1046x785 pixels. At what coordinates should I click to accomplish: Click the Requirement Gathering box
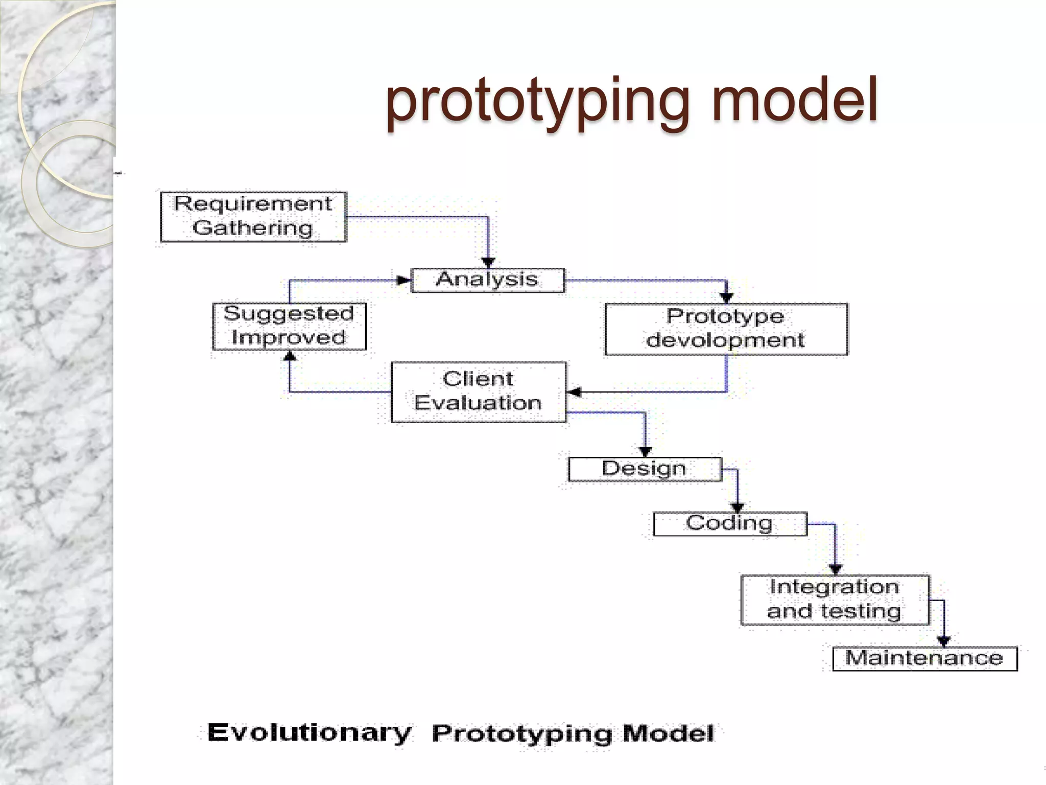coord(253,217)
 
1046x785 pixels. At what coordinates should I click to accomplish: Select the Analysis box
coord(488,280)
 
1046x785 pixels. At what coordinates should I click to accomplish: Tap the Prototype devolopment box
coord(726,329)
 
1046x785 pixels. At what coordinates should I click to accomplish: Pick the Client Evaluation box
coord(479,392)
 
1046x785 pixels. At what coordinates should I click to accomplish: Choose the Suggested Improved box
coord(289,326)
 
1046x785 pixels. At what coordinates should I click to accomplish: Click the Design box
coord(645,469)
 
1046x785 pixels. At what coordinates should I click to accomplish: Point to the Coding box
coord(730,524)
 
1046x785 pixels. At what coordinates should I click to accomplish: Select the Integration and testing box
coord(835,600)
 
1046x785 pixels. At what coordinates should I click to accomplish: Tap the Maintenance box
coord(924,658)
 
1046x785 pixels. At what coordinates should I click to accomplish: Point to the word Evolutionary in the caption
coord(309,733)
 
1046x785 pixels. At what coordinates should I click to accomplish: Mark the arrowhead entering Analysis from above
coord(488,263)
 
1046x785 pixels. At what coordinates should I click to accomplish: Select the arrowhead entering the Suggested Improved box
coord(290,355)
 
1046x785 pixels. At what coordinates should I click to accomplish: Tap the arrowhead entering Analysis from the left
coord(404,280)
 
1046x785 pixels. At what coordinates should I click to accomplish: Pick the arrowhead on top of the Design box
coord(645,452)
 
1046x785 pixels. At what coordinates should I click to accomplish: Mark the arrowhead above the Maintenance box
coord(943,641)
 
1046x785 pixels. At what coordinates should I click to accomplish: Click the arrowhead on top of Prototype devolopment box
coord(726,298)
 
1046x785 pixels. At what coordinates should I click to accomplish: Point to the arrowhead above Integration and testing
coord(835,569)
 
